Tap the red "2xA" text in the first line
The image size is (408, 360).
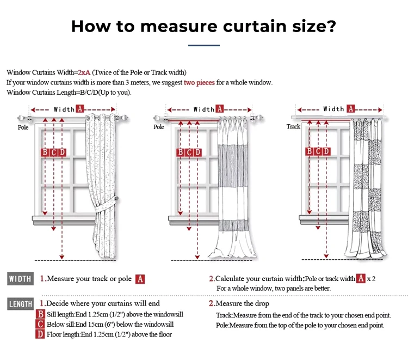[x=84, y=72]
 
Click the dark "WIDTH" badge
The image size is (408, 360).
[x=20, y=279]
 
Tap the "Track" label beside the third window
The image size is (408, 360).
[x=293, y=126]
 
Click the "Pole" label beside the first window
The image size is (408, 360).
[x=23, y=127]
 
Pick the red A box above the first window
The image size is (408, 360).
[x=80, y=109]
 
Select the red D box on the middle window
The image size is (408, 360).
[x=198, y=152]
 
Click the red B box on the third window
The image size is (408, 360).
[x=309, y=151]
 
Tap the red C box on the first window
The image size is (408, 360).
[x=53, y=152]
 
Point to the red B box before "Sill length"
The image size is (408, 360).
[x=40, y=314]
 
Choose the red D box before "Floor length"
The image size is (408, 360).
[x=40, y=334]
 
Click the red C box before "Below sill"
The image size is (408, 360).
[x=40, y=324]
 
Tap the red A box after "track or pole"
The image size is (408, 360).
[x=140, y=279]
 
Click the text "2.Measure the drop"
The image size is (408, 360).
[x=239, y=303]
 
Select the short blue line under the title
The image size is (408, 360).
[x=204, y=45]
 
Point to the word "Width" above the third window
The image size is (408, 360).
[x=333, y=109]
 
